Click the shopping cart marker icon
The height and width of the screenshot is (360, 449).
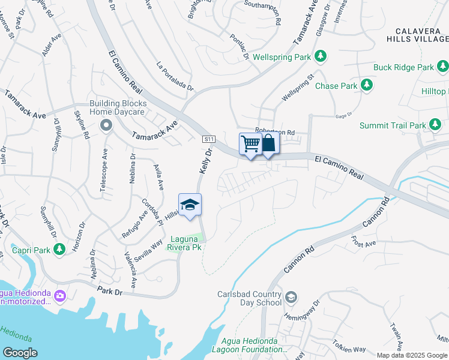point(250,144)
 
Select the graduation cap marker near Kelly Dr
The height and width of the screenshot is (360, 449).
point(190,205)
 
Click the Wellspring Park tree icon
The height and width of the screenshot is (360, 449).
point(321,57)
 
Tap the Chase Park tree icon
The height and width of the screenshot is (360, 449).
point(366,86)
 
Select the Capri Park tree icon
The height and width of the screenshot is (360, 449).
point(59,248)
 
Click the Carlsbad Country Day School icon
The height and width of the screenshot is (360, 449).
point(291,298)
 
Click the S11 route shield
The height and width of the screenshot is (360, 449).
point(208,139)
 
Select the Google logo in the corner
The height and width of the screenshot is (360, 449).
point(20,352)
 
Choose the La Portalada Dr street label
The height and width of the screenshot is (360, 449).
point(175,75)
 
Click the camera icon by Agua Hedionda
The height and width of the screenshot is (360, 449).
point(59,295)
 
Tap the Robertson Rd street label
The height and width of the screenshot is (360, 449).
point(275,132)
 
